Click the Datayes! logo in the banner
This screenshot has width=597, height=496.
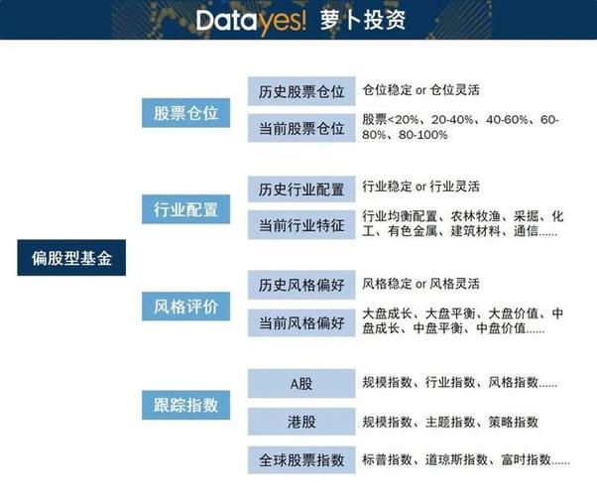(x=251, y=21)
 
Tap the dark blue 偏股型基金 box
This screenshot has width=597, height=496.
(x=71, y=258)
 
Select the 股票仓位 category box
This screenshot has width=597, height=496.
(x=185, y=113)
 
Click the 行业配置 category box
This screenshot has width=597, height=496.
(x=185, y=209)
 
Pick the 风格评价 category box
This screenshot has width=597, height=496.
(x=185, y=307)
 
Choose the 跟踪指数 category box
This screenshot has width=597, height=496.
(x=185, y=405)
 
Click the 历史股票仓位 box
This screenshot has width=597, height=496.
(x=301, y=91)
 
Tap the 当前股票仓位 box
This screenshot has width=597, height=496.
(x=301, y=128)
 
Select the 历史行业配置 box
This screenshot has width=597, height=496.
(x=301, y=188)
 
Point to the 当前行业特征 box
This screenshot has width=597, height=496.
(x=301, y=225)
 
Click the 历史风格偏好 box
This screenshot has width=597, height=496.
(x=301, y=285)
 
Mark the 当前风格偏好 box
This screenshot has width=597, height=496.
(x=301, y=323)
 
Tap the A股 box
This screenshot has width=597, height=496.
(x=301, y=383)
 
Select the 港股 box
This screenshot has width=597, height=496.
(x=301, y=422)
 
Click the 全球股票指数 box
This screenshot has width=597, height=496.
(x=301, y=460)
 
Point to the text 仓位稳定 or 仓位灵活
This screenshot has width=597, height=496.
(x=420, y=90)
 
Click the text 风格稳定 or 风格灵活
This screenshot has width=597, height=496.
(x=420, y=284)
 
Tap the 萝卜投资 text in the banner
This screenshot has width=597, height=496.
(x=363, y=20)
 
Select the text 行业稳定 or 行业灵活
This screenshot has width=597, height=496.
(x=420, y=186)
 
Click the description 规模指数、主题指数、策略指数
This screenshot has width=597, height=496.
(x=450, y=422)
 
